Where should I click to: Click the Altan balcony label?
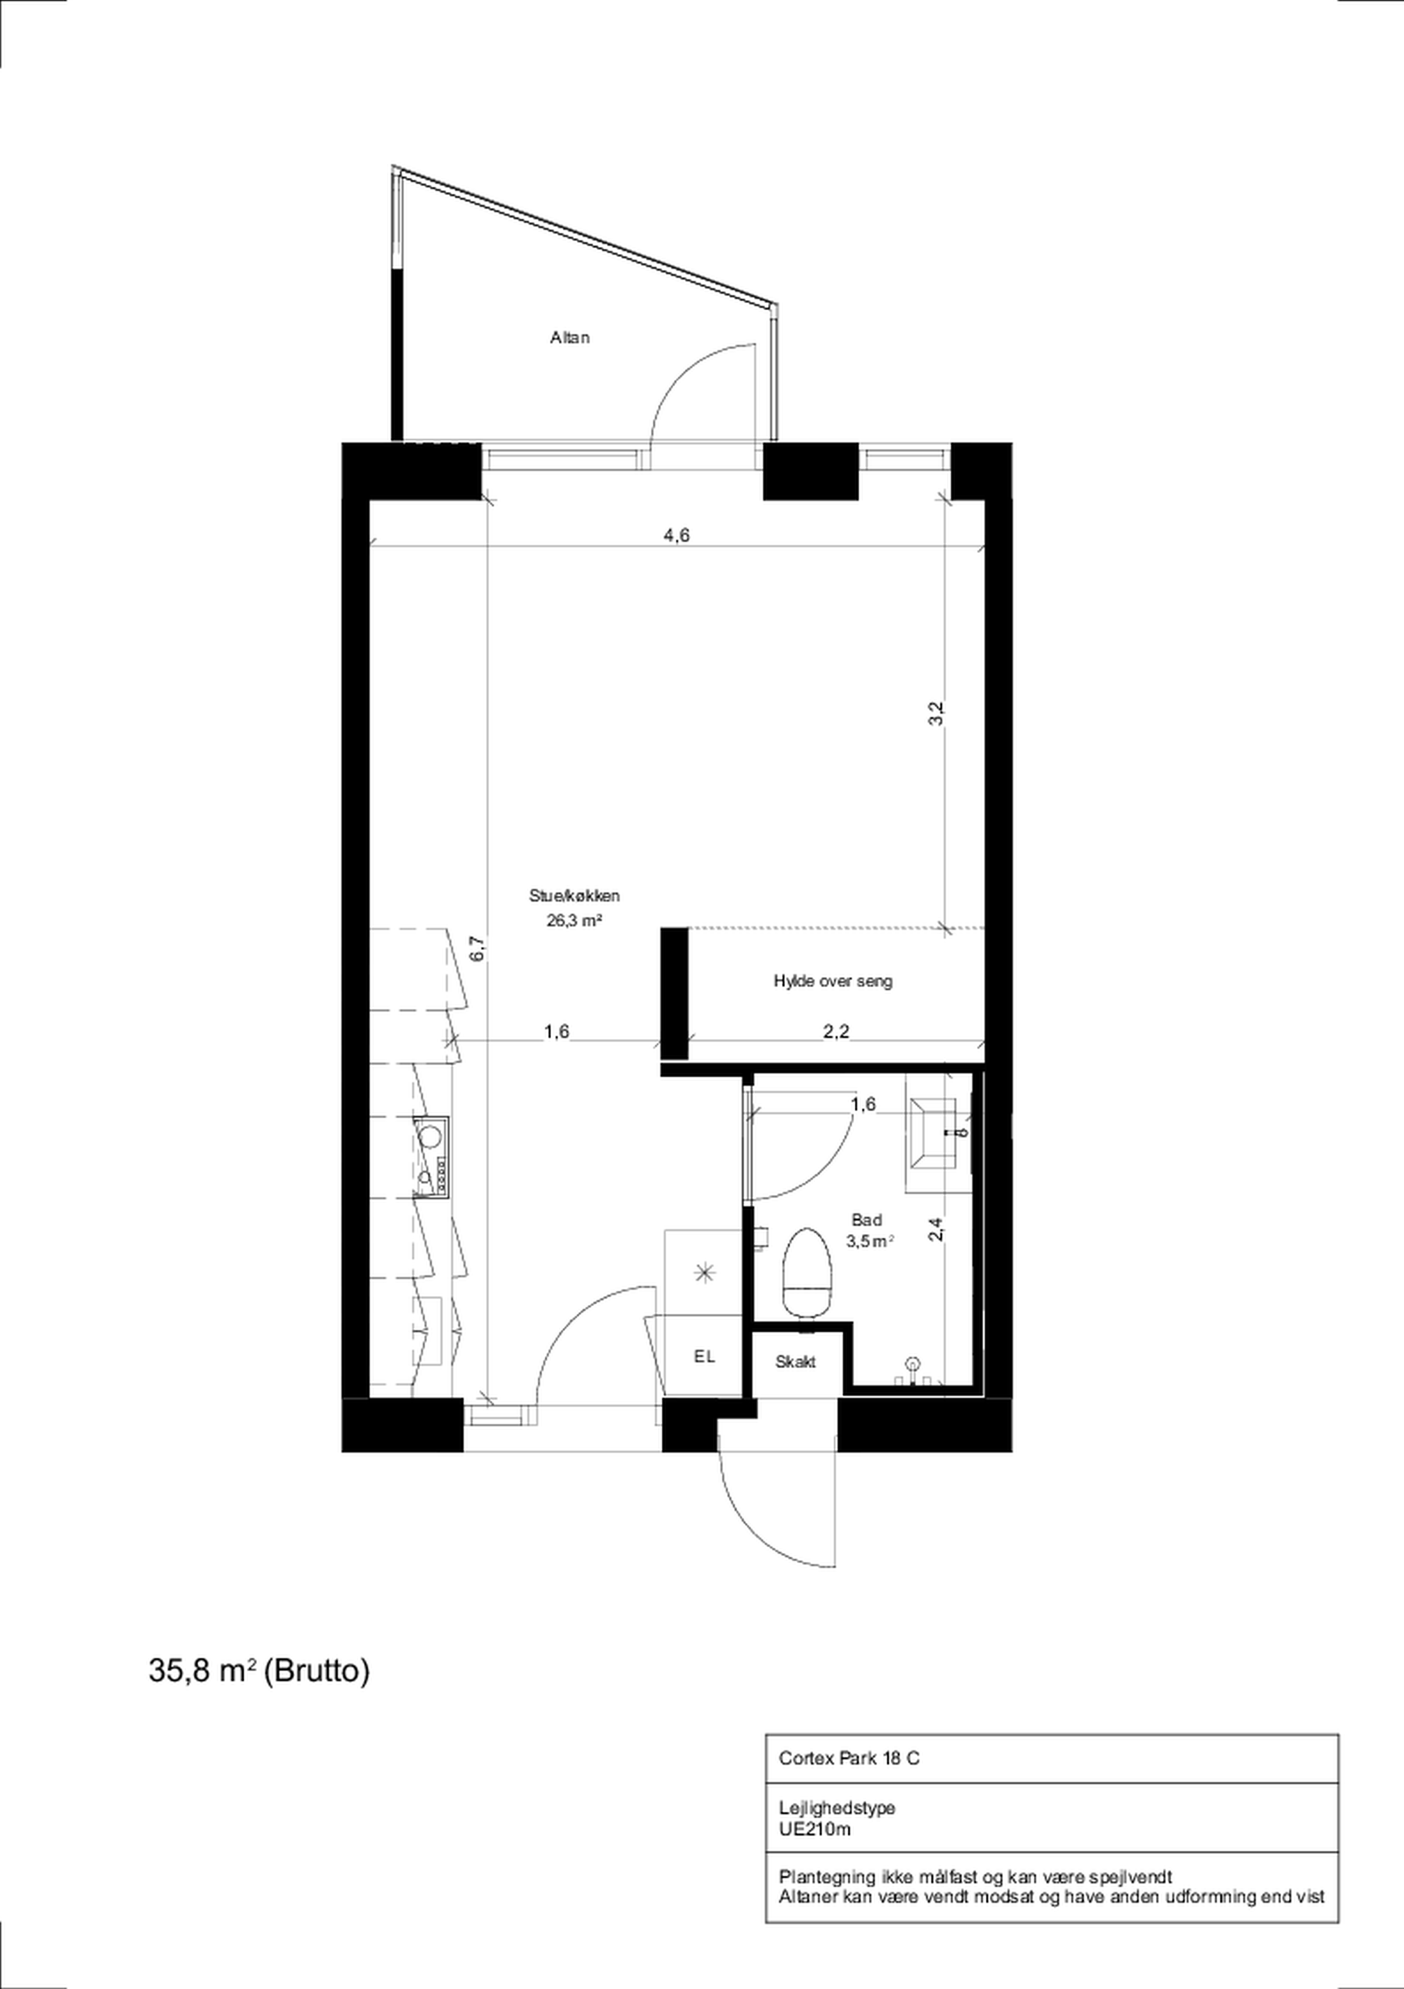[570, 338]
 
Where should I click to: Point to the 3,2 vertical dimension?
[936, 712]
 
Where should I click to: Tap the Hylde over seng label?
[832, 981]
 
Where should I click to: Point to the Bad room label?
[866, 1219]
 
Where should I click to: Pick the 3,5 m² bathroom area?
[869, 1241]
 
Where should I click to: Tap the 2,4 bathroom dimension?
[936, 1229]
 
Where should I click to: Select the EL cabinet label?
[704, 1358]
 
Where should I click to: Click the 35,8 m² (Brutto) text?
[259, 1670]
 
